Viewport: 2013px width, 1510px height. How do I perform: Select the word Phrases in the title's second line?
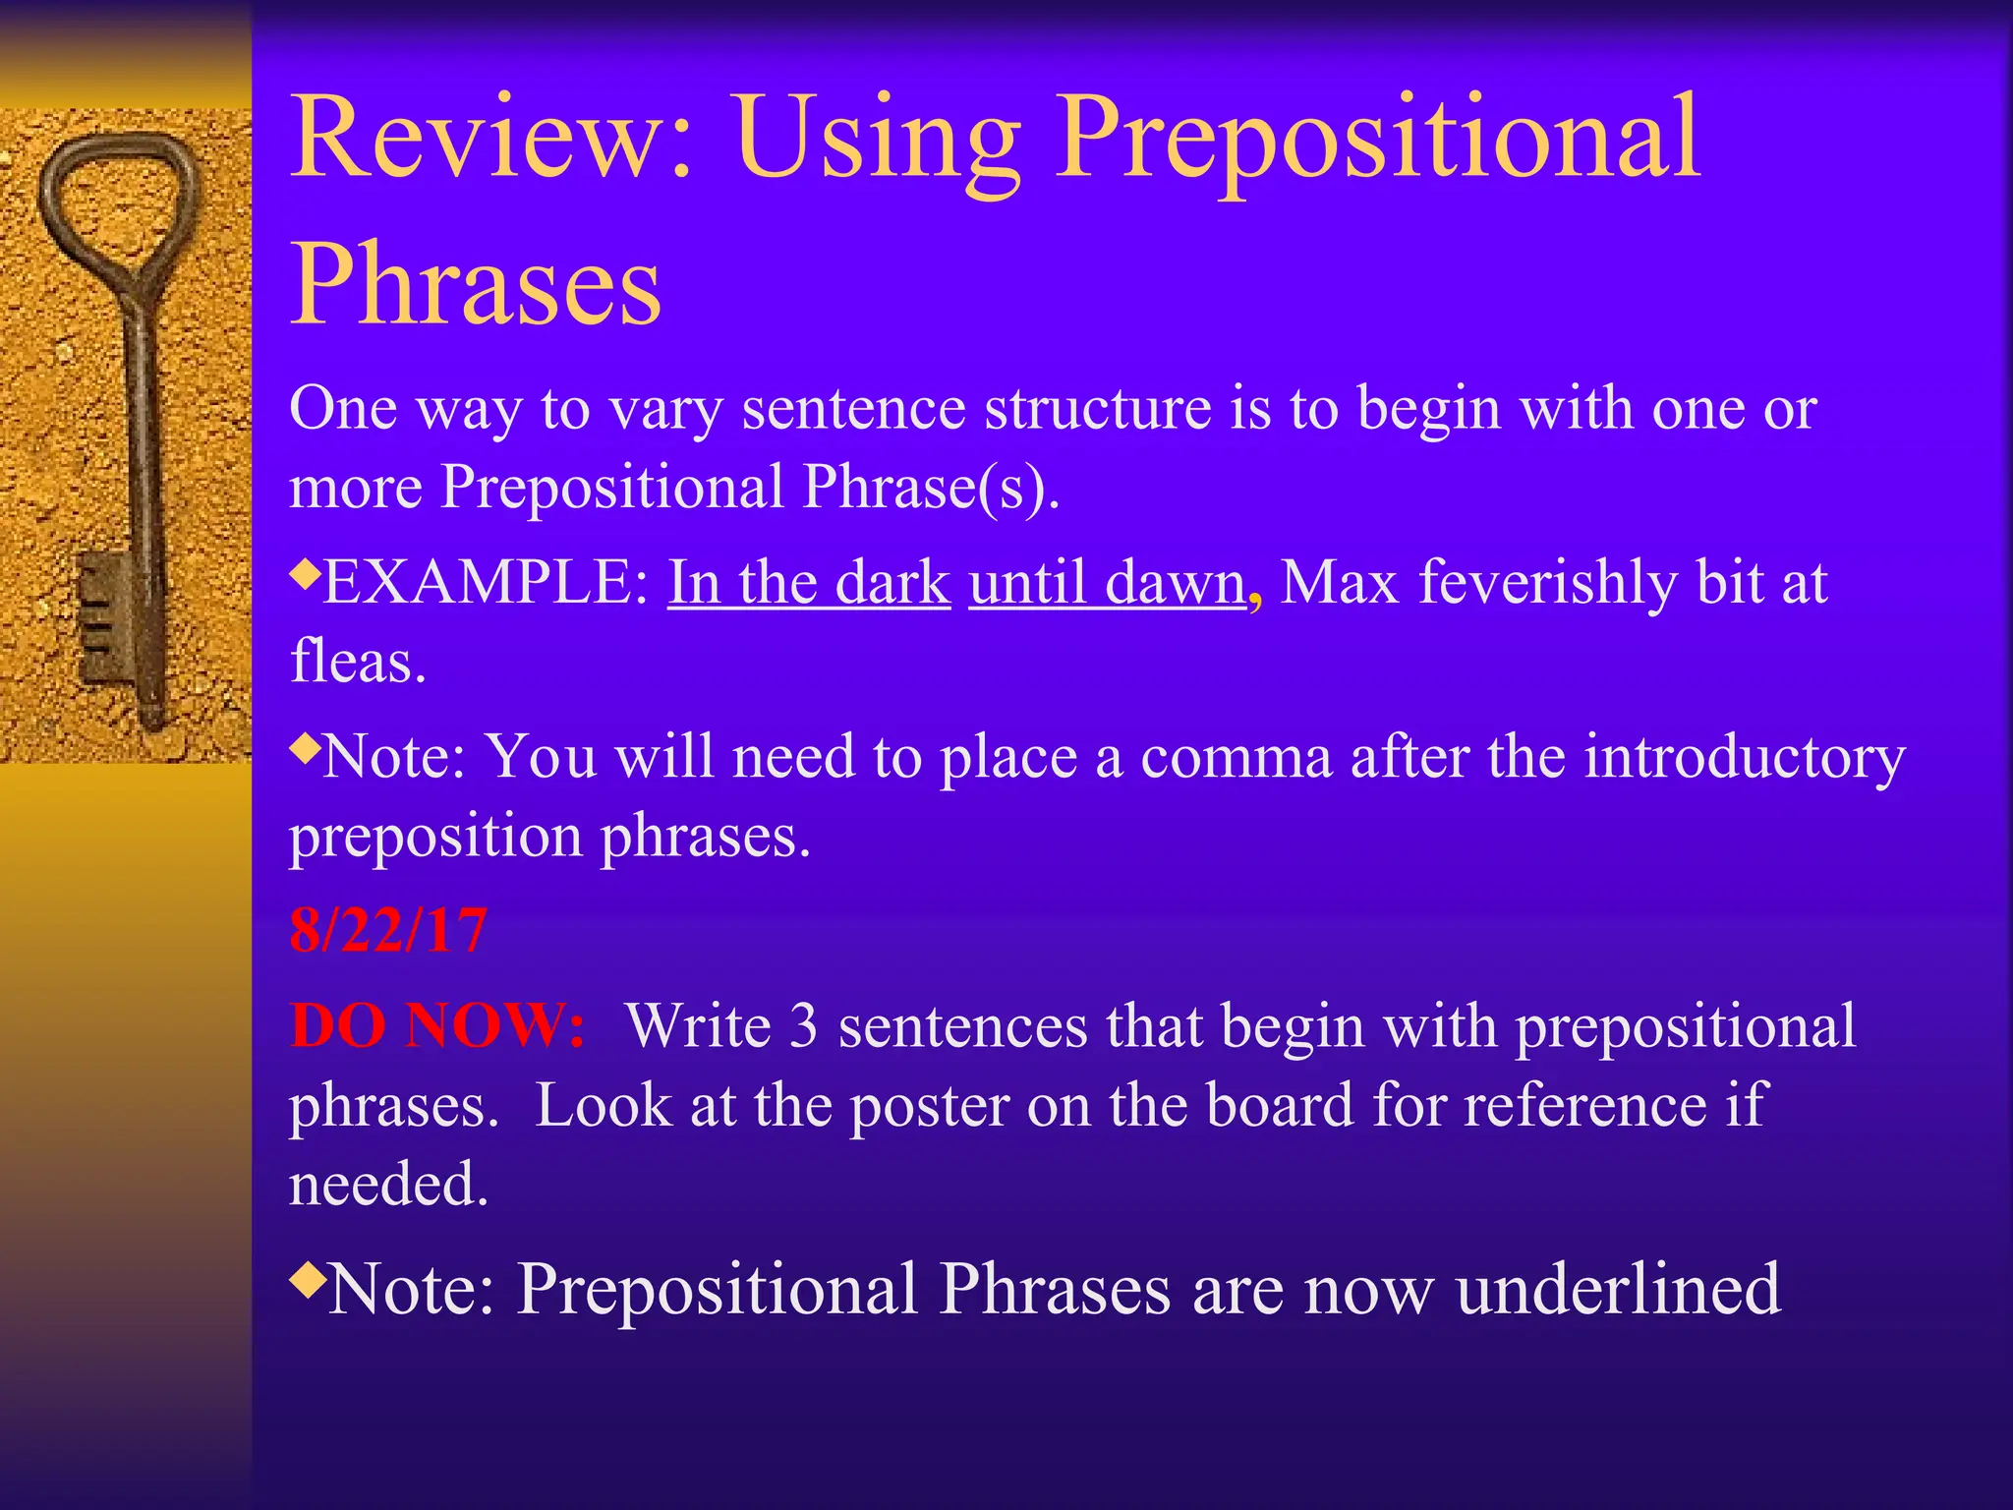click(476, 285)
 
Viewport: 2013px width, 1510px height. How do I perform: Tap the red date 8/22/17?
click(387, 930)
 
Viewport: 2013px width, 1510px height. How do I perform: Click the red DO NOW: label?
click(437, 1026)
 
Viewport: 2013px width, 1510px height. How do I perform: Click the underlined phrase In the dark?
click(809, 582)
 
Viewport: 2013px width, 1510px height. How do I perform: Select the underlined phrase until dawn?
click(1107, 582)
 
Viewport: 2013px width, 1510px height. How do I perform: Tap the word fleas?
click(358, 661)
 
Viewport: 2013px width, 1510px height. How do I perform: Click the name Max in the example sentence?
click(1340, 582)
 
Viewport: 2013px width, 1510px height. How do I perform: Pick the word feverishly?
click(1548, 582)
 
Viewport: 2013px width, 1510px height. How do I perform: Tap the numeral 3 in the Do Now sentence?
click(803, 1026)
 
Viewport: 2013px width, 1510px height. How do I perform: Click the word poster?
click(929, 1105)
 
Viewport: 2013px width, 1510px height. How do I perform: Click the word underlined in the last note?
click(1618, 1289)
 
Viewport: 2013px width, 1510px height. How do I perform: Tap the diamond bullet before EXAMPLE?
click(306, 570)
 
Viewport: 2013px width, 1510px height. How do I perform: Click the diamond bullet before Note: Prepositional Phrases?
click(308, 1278)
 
